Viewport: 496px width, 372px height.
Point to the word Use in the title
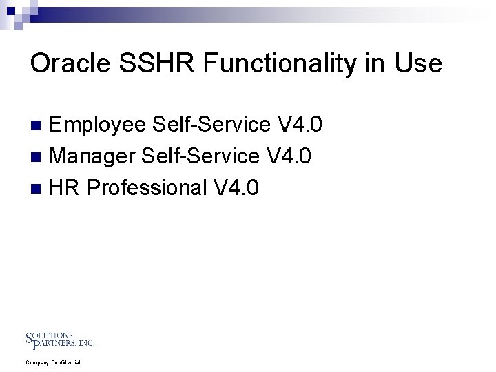pos(418,63)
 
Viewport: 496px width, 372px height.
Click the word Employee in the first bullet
pos(99,125)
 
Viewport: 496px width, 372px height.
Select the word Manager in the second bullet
pos(93,156)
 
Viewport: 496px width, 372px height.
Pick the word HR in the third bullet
pos(65,187)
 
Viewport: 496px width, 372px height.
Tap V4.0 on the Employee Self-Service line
pos(300,125)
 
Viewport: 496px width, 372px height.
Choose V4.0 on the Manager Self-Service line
pos(289,156)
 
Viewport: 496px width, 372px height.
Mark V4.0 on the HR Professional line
pos(237,187)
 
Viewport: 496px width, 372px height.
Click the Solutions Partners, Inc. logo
pos(60,340)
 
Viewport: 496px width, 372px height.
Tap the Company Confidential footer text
pos(53,362)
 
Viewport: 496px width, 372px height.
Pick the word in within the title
pos(376,63)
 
